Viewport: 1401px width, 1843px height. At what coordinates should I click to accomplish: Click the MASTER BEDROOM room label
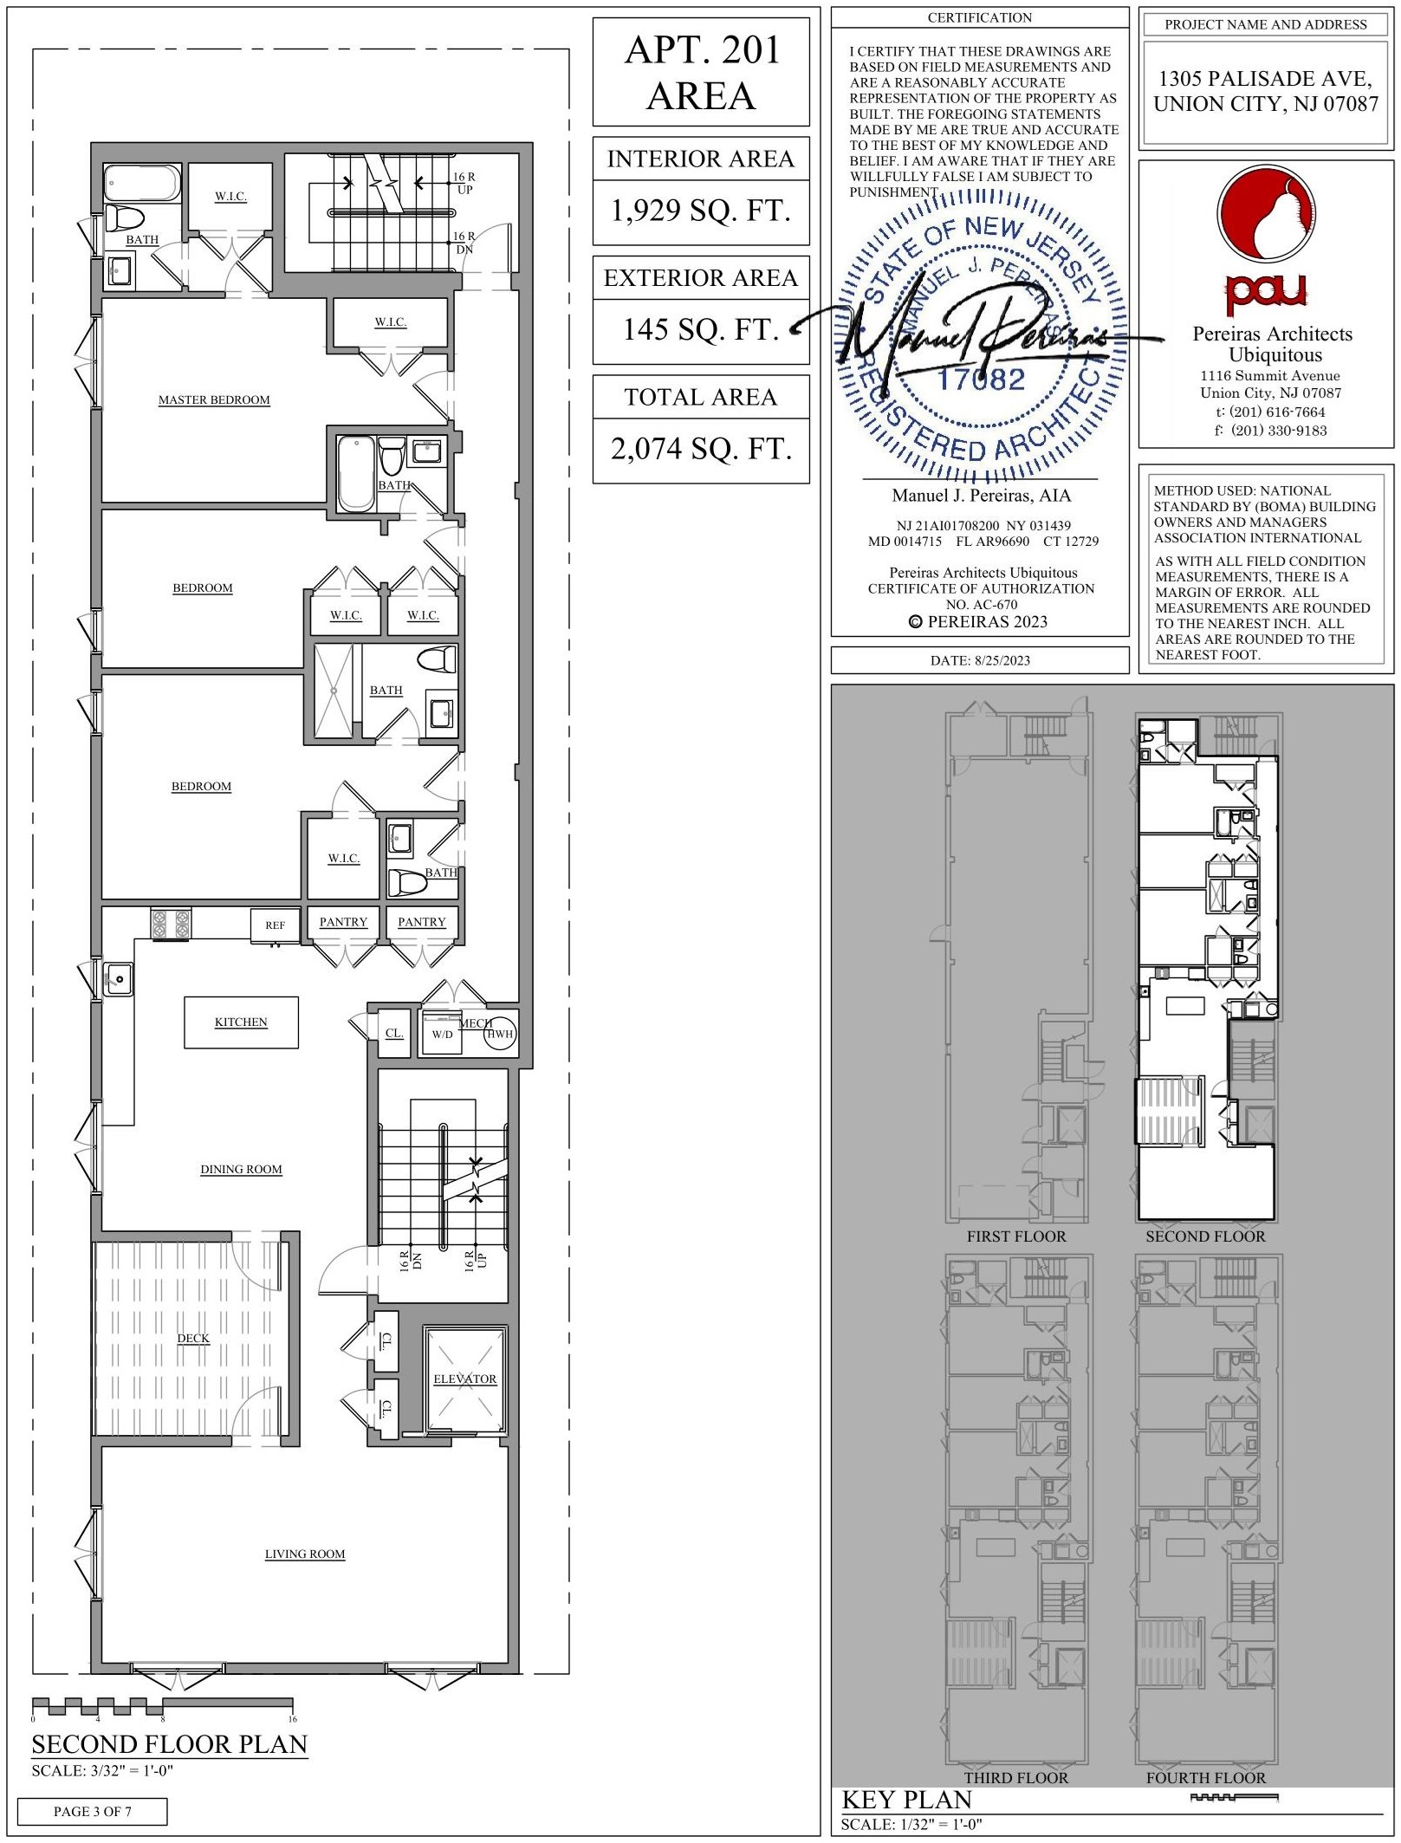point(214,399)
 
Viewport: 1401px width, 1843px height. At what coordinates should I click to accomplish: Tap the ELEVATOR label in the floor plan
point(465,1379)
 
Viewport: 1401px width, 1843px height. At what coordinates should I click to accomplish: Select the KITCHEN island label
point(241,1022)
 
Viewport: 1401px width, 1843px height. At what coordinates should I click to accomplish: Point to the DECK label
point(193,1338)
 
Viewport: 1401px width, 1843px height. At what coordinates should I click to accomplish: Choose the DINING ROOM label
point(241,1169)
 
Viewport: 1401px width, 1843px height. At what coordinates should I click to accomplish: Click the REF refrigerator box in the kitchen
point(275,925)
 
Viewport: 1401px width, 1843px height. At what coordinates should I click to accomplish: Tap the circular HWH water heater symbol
point(500,1034)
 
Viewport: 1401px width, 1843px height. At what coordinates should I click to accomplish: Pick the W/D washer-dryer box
point(442,1034)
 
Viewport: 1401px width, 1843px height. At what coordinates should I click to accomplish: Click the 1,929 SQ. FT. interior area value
point(701,211)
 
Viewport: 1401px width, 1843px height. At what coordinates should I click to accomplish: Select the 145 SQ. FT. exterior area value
point(701,329)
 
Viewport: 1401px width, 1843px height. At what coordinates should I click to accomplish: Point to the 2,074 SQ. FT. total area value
point(701,449)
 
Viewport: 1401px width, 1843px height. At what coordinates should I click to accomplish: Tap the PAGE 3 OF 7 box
point(93,1811)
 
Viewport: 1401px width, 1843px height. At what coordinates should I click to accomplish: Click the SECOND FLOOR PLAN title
point(170,1743)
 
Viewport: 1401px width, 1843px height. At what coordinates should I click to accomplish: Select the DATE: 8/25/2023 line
point(980,660)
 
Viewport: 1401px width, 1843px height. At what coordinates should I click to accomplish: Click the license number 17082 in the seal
point(981,379)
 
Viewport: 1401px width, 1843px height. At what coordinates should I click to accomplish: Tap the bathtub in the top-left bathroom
point(142,183)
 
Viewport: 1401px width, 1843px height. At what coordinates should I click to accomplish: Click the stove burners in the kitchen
point(171,923)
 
